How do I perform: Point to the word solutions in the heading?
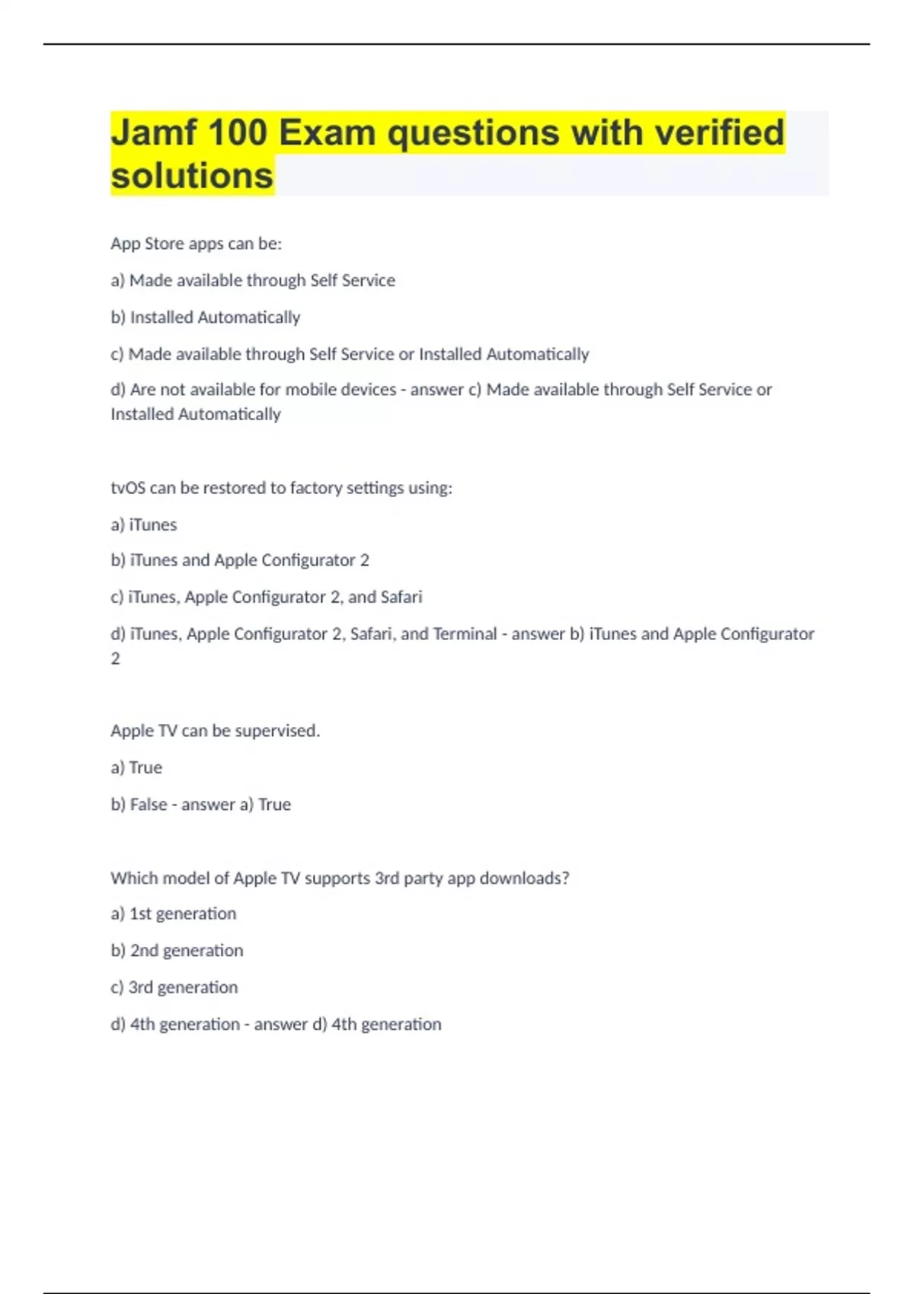coord(192,176)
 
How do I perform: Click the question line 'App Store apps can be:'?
coord(197,244)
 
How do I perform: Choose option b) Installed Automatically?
coord(206,317)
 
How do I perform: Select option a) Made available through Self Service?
coord(253,280)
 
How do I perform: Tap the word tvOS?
coord(128,488)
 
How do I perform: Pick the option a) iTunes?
coord(144,524)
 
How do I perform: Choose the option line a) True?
coord(136,767)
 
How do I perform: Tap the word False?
coord(149,805)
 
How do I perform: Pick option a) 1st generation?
coord(174,913)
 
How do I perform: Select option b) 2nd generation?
coord(177,951)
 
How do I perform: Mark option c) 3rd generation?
coord(174,987)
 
